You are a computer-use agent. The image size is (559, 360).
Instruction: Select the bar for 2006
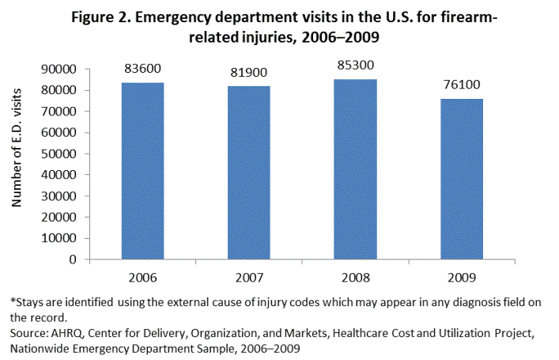[x=142, y=170]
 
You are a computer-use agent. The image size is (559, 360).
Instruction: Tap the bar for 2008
[x=354, y=169]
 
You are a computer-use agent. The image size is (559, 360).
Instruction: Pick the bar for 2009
[x=460, y=178]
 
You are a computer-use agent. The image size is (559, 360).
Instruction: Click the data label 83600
[x=142, y=70]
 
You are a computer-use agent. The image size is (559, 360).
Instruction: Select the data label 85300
[x=354, y=66]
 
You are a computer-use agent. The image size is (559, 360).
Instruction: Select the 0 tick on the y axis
[x=72, y=259]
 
